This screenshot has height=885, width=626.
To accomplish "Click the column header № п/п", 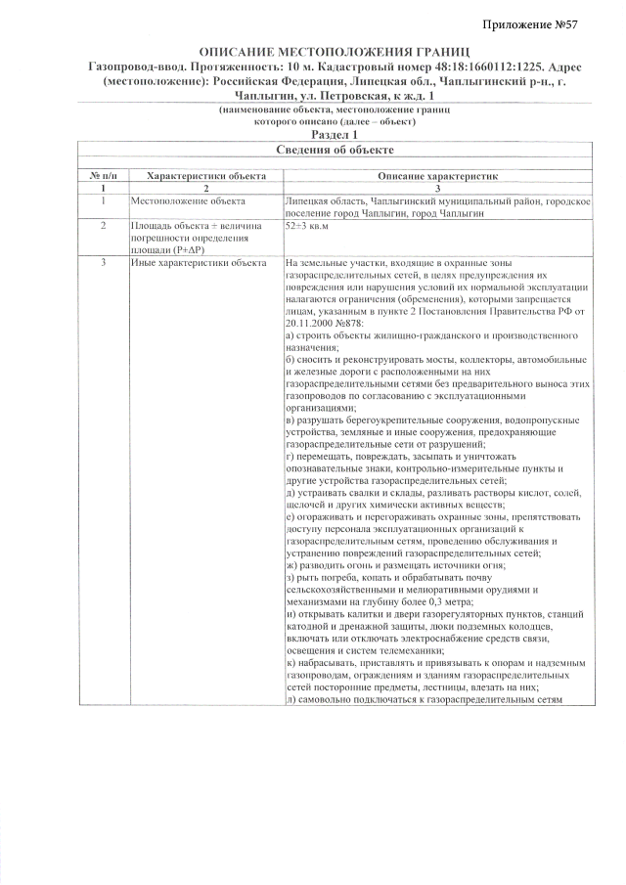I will point(103,175).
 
